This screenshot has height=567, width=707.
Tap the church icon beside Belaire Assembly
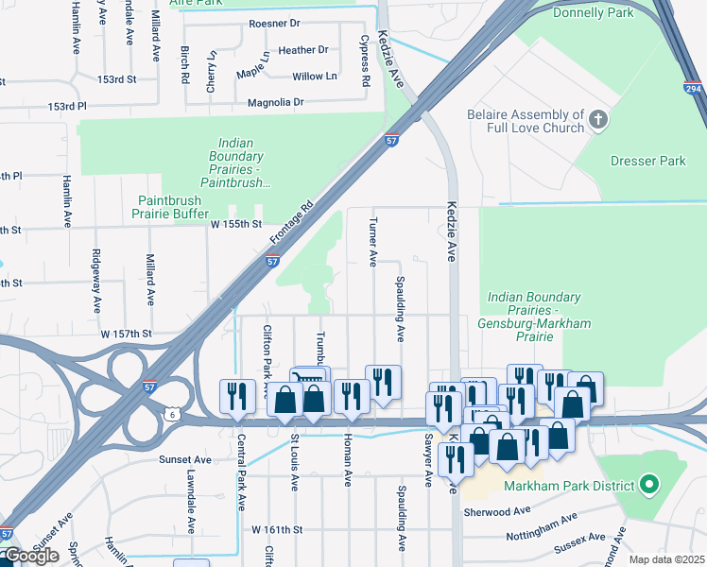click(x=596, y=119)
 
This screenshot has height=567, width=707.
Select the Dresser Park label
click(x=647, y=161)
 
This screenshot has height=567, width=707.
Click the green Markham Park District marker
click(x=648, y=486)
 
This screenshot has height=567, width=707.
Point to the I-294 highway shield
click(x=693, y=88)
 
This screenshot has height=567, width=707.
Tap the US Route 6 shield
click(x=170, y=413)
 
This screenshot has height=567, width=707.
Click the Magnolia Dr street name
click(x=275, y=102)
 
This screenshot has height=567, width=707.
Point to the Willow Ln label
click(x=315, y=77)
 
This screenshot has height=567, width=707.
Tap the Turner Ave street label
click(x=372, y=244)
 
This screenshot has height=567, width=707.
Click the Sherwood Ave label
click(x=497, y=511)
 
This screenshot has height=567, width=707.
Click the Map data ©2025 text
click(x=667, y=559)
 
